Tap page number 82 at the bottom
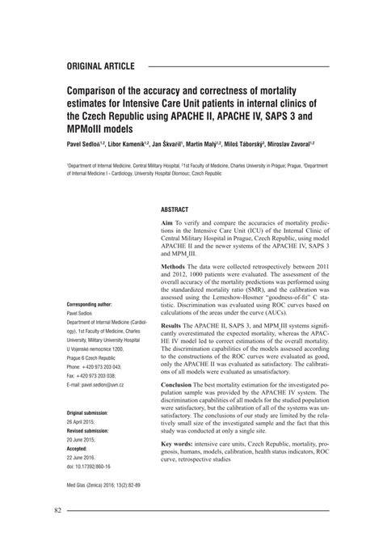coord(58,510)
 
